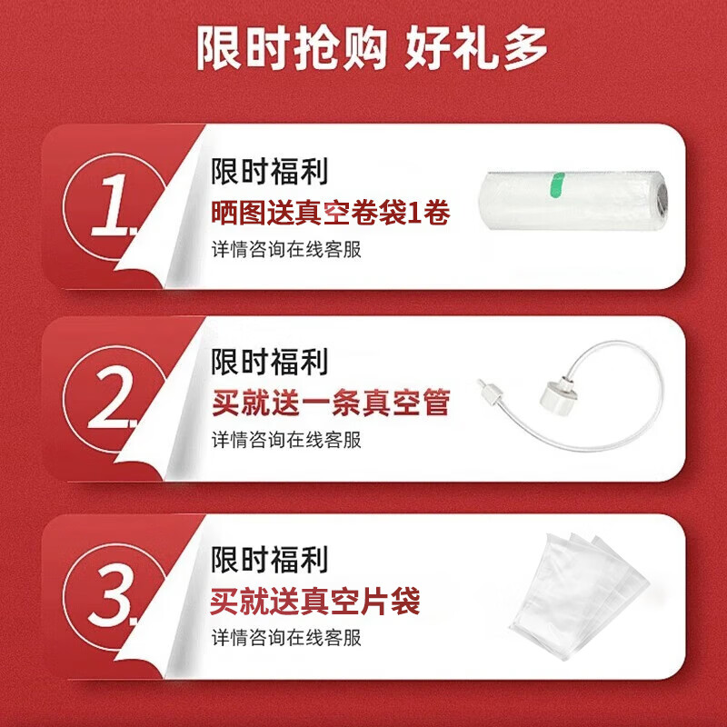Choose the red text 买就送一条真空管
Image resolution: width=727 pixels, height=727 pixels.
tap(331, 403)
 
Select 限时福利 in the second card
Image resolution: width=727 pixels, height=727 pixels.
tap(270, 362)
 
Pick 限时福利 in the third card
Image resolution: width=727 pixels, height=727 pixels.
tap(270, 558)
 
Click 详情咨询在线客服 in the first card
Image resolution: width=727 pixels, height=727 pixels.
tap(286, 249)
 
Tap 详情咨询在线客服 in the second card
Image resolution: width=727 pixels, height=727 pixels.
tap(286, 441)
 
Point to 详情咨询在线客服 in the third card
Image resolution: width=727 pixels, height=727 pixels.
tap(286, 637)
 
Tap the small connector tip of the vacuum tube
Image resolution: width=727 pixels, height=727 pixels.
tap(491, 392)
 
